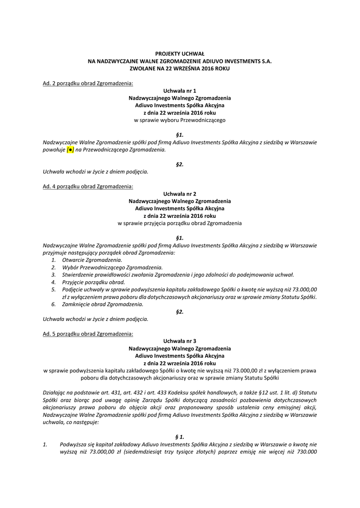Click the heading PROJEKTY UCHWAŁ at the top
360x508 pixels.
point(180,53)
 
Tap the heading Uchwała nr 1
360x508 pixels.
point(180,91)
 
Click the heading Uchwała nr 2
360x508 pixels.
point(180,194)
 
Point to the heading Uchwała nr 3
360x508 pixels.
point(180,341)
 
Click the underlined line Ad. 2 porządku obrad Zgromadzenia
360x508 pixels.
point(88,83)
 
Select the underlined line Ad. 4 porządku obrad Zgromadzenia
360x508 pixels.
point(88,187)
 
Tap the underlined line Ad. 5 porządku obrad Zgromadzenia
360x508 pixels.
point(88,334)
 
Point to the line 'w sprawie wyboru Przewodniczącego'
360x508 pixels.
point(180,120)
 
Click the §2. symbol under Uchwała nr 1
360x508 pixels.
point(180,164)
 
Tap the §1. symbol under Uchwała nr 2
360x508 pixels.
point(180,238)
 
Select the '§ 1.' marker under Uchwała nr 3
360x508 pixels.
point(180,437)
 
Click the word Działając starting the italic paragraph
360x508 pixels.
point(55,393)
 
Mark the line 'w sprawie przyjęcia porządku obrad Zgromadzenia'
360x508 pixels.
point(180,223)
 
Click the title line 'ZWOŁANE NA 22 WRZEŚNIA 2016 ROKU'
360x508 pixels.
point(180,68)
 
